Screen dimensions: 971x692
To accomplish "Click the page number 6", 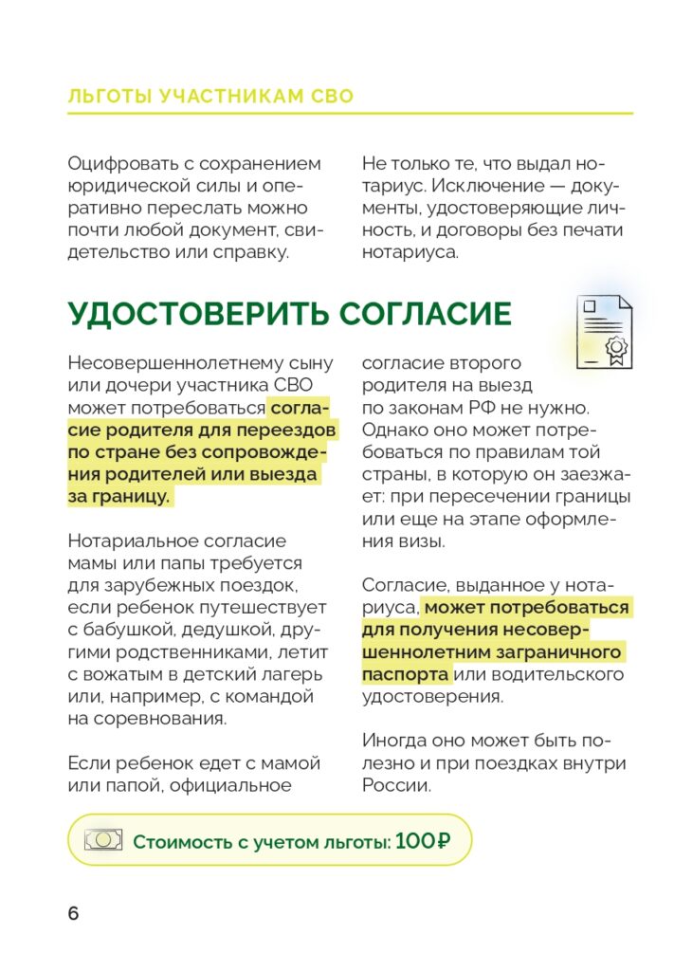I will click(74, 914).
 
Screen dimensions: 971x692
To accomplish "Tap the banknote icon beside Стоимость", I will click(103, 840).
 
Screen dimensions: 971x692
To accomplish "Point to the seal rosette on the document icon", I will click(617, 347).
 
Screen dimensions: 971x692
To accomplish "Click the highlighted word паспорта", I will click(406, 674).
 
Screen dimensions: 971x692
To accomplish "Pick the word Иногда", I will click(393, 741).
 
